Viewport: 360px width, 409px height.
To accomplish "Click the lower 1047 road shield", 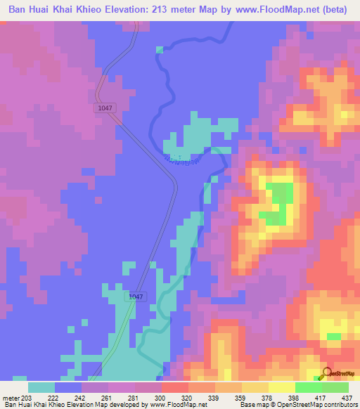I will (x=136, y=297).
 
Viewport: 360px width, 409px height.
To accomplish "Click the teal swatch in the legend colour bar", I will (x=41, y=387).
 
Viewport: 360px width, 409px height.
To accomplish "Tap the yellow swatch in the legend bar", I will (x=281, y=387).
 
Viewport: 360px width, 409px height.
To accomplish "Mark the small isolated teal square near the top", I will (x=160, y=49).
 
